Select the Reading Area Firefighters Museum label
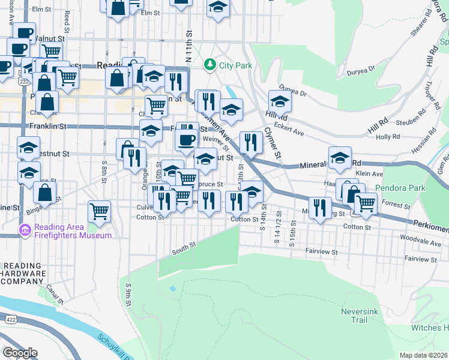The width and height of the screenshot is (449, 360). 73,231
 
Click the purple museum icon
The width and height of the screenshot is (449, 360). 25,230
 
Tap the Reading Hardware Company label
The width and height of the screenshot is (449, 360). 23,274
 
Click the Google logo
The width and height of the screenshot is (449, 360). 19,353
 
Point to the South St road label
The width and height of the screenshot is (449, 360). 184,246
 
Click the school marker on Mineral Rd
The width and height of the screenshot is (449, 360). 340,158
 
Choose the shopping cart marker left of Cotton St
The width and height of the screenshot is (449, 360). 99,211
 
